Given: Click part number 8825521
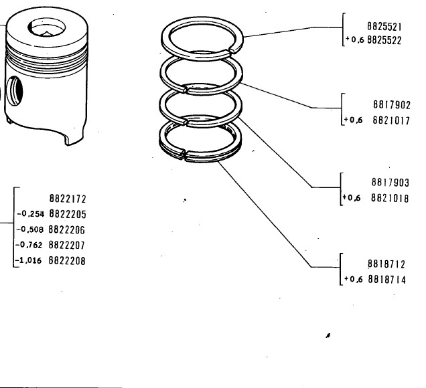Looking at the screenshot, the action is point(384,27).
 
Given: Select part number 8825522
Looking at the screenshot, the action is point(384,40).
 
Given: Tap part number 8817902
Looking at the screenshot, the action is point(391,105).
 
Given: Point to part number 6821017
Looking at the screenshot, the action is point(391,120).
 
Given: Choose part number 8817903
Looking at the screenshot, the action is point(390,183).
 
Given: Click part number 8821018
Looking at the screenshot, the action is point(390,198).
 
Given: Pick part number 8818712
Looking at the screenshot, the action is point(386,264).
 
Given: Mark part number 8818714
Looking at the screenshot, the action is point(387,279).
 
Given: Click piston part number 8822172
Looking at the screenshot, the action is point(68,199).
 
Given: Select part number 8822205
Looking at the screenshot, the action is point(68,214).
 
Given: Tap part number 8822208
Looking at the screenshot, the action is point(67,260).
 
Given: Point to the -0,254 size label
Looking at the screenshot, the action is point(30,214).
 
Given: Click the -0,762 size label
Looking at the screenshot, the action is point(29,245).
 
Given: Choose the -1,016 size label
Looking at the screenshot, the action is point(29,260).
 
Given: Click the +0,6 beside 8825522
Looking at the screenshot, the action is point(354,39).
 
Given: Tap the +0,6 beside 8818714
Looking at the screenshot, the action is point(353,279).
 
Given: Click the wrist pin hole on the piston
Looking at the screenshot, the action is point(14,90).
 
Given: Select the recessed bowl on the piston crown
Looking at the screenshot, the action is point(47,27).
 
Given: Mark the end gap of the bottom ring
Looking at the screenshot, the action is point(184,155).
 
